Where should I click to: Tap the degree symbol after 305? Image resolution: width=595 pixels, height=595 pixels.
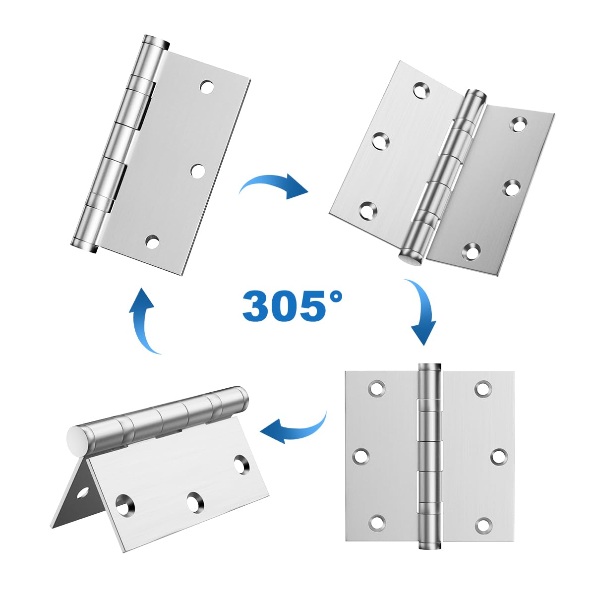point(335,297)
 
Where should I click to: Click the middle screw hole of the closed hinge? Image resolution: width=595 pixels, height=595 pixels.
point(198,171)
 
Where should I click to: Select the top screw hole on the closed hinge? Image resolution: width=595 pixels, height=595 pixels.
point(207,87)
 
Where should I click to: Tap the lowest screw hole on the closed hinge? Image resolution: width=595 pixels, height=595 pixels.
point(153,242)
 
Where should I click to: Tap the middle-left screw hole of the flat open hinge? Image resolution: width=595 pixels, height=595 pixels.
point(361,455)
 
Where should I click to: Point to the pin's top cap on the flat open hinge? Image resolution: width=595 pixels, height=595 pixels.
point(429,367)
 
